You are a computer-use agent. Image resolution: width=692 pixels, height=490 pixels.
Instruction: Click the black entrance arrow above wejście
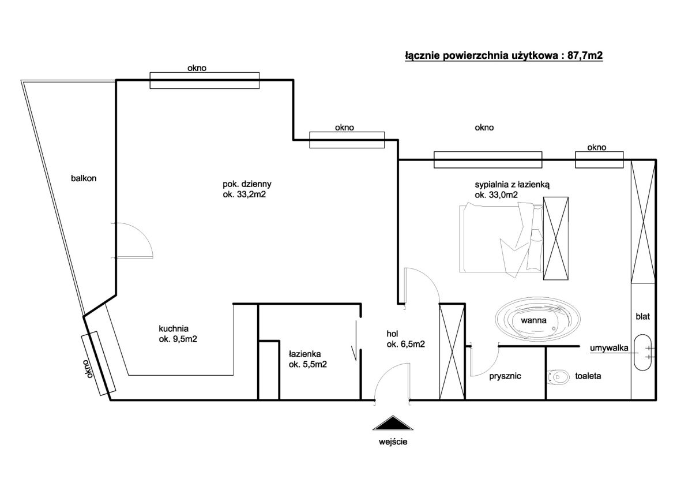[393, 424]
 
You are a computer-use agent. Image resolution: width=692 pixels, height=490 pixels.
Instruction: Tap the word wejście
[393, 442]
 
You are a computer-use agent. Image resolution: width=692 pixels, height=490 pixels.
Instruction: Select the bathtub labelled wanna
[537, 319]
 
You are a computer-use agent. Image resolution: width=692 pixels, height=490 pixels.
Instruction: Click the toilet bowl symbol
[558, 377]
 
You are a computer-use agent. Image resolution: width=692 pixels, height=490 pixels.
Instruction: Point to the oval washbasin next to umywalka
[642, 352]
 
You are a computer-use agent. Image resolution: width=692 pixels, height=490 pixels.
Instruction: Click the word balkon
[84, 178]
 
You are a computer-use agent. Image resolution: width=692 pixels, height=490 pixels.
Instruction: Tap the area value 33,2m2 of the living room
[251, 194]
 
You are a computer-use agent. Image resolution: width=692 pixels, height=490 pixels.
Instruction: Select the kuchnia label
[174, 328]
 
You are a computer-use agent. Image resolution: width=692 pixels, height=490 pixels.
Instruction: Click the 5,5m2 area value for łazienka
[314, 365]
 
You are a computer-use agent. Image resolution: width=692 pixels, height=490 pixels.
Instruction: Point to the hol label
[392, 334]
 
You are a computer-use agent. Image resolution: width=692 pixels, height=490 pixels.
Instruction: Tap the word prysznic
[505, 376]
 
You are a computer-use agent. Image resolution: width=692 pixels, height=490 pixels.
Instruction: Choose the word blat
[642, 316]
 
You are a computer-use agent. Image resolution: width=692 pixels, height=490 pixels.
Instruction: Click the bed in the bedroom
[501, 240]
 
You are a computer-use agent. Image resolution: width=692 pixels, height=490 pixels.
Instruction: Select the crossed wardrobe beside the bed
[556, 238]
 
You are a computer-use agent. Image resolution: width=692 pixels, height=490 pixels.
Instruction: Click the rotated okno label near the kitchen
[88, 369]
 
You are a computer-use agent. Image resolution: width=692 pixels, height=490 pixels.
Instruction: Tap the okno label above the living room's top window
[197, 68]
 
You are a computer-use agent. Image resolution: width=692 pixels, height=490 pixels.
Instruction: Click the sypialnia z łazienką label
[512, 185]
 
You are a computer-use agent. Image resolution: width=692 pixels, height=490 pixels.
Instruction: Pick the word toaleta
[588, 376]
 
